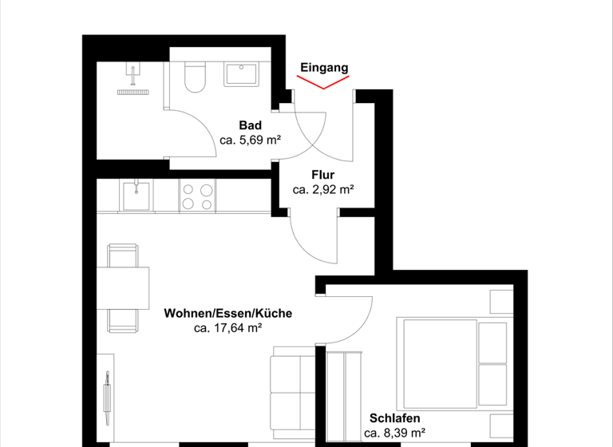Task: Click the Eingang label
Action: [x=324, y=68]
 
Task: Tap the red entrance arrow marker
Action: [x=324, y=83]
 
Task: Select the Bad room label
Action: [x=250, y=125]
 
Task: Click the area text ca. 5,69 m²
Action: [x=250, y=140]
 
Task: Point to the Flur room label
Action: [x=322, y=175]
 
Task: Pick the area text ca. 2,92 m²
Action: [x=322, y=190]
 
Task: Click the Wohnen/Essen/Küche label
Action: [x=227, y=313]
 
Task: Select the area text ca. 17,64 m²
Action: [x=227, y=327]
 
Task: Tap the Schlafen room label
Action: [x=394, y=418]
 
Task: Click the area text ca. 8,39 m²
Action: [x=394, y=433]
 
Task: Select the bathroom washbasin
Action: [x=242, y=75]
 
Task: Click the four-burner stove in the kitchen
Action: [x=197, y=196]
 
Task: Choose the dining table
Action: [x=124, y=288]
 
